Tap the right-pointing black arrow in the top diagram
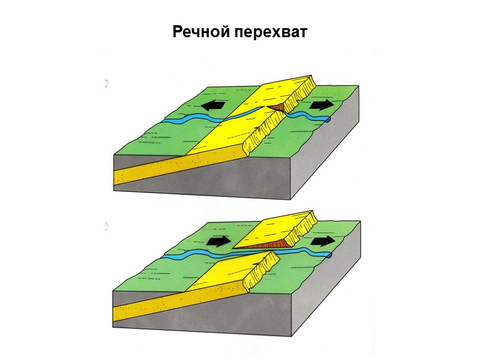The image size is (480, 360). pos(322,104)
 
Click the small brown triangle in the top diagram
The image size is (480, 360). pos(277,107)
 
